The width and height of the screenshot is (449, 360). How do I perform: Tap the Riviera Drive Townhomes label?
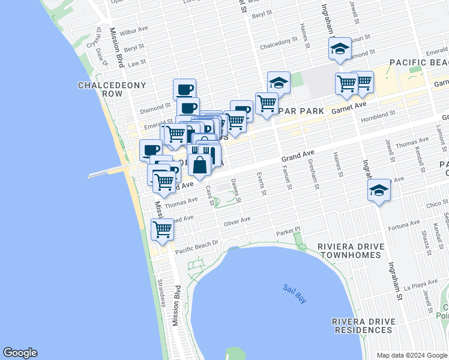pos(349,251)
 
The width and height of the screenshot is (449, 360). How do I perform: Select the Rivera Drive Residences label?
pos(363,325)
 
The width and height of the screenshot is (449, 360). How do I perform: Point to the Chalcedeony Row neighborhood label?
pos(112,89)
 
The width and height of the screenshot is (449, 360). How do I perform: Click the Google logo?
pos(20,353)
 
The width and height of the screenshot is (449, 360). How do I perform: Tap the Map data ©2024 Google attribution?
pos(412,355)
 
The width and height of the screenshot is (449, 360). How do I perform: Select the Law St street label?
pos(137,62)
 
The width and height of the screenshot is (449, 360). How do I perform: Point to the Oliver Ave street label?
pos(237,222)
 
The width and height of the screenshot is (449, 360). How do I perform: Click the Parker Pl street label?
pos(288,231)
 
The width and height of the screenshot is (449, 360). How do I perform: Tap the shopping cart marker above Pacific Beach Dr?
pos(162,230)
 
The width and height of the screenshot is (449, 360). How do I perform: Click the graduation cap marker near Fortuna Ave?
pos(378,190)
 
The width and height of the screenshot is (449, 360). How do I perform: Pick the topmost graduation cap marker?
pos(340,49)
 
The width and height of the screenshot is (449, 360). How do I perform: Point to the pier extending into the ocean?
pos(108,173)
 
